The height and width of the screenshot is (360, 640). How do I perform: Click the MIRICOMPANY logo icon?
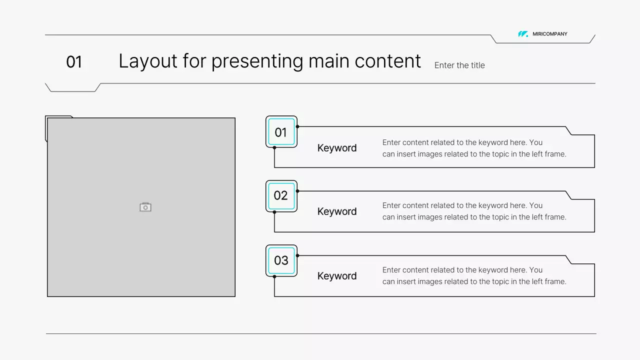[x=523, y=34]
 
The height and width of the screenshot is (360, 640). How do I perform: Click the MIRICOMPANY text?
[x=550, y=34]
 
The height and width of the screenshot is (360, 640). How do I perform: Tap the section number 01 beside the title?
[x=74, y=62]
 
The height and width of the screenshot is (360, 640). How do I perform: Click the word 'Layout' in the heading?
[x=148, y=61]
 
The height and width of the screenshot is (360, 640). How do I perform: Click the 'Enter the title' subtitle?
[x=459, y=65]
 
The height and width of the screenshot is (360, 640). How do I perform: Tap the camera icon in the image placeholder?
[x=145, y=207]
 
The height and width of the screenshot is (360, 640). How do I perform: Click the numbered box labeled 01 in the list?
[x=281, y=132]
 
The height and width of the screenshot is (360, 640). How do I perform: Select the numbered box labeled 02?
[x=281, y=195]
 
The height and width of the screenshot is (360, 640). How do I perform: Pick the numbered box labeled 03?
[x=281, y=260]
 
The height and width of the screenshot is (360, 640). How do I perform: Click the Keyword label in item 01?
[x=337, y=148]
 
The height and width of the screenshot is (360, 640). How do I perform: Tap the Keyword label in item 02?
[x=337, y=211]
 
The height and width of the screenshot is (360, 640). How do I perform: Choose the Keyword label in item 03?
[x=337, y=276]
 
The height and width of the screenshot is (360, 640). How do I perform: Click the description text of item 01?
[x=474, y=148]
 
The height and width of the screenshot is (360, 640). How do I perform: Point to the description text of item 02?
[x=474, y=211]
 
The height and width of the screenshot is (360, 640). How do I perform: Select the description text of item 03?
[x=474, y=275]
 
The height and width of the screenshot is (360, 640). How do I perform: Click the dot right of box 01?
[x=297, y=126]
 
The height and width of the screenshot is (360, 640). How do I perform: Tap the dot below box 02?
[x=274, y=212]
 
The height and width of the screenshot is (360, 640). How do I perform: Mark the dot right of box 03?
[x=297, y=255]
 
